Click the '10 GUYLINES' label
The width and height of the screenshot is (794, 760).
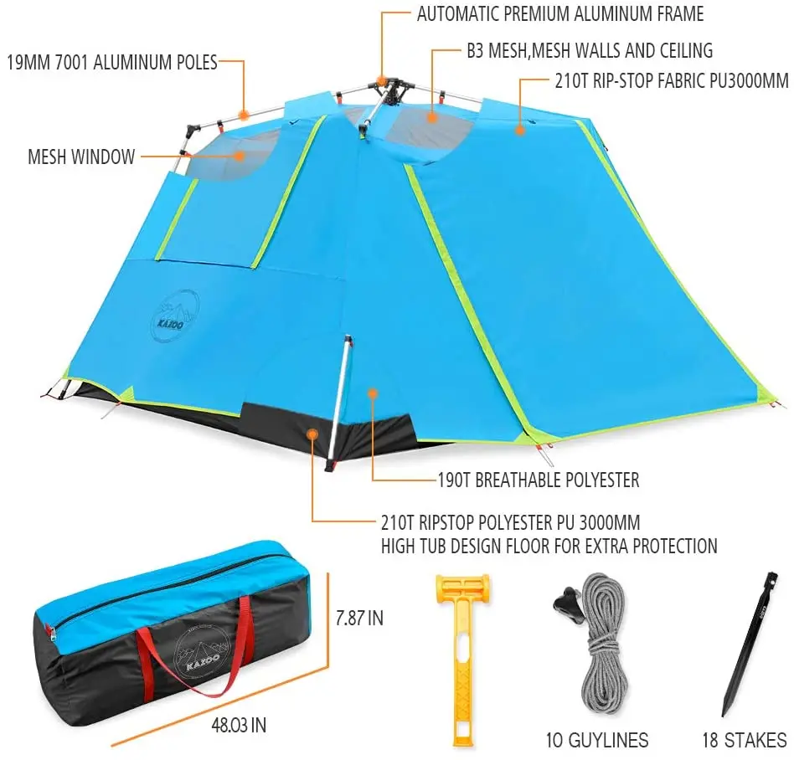coord(595,740)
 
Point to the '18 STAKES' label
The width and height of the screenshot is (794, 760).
coord(744,740)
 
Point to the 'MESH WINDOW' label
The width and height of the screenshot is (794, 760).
coord(81,157)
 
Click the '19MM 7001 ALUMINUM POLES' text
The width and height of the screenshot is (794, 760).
coord(112,62)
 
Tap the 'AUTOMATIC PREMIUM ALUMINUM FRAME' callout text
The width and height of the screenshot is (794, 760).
coord(559,14)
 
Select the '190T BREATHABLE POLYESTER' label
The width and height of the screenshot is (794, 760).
coord(539,480)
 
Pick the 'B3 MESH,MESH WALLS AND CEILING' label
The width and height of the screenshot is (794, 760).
coord(590,50)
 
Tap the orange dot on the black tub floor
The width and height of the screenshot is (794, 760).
coord(312,433)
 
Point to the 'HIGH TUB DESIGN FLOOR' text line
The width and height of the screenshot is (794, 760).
coord(549,546)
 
